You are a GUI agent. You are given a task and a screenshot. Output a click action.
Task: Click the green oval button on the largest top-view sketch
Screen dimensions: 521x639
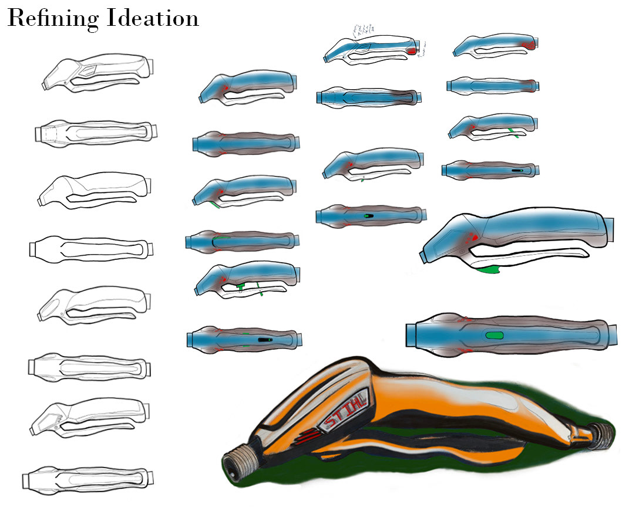[x=495, y=335]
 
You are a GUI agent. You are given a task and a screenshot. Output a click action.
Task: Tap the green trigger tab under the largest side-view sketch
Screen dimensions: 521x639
[x=489, y=270]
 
